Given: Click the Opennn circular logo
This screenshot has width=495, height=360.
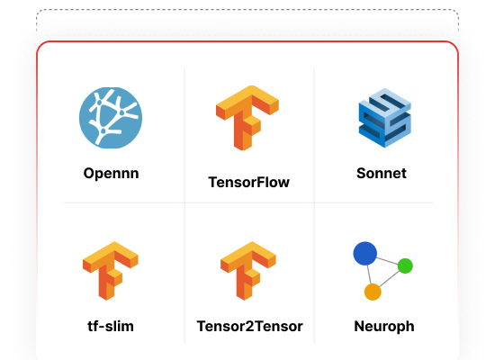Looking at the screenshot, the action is (x=111, y=118).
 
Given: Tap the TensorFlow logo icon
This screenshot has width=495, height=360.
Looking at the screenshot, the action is (x=247, y=118).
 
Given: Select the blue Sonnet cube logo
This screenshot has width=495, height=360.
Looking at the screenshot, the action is (x=385, y=118).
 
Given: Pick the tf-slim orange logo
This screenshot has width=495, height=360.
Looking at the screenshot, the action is (x=111, y=271).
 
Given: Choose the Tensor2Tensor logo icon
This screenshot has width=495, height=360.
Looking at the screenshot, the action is (x=248, y=271).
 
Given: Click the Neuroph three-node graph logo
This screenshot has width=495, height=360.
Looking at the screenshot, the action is (x=382, y=271).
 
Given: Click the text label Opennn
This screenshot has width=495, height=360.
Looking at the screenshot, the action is (x=111, y=174).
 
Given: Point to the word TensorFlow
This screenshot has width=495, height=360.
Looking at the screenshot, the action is (x=248, y=182).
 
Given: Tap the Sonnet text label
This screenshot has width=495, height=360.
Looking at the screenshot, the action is (x=382, y=174).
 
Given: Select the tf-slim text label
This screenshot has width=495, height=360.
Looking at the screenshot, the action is (x=111, y=326).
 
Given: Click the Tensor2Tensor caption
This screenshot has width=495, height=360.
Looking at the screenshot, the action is (x=249, y=326).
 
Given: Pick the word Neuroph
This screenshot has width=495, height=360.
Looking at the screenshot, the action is (x=384, y=327).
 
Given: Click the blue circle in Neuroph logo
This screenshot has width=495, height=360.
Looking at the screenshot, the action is (x=364, y=253).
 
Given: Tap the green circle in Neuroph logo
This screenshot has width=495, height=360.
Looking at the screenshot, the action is (x=405, y=265).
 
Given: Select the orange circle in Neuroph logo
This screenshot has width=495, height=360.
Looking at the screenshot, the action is (x=373, y=292).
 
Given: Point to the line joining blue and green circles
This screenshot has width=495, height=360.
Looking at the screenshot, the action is (x=387, y=261).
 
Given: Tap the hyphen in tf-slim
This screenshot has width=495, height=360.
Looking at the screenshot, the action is (x=101, y=328).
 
